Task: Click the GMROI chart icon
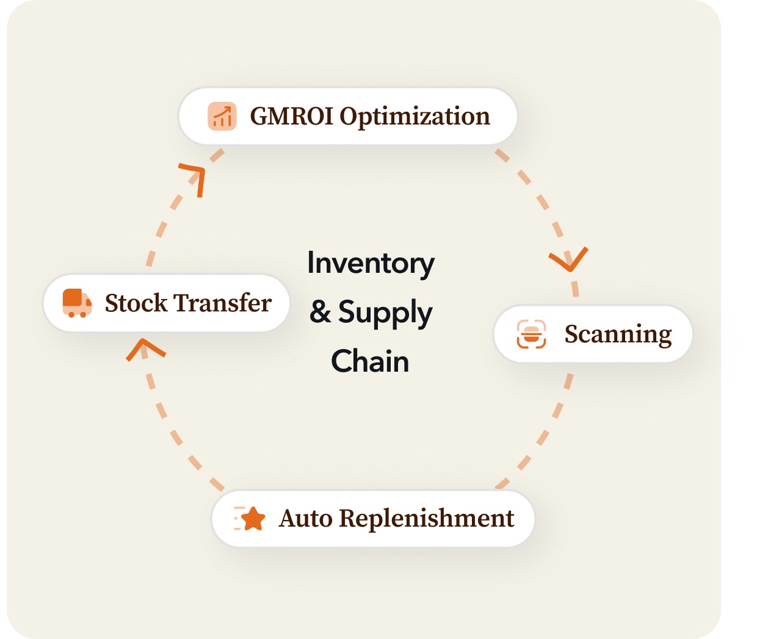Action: pyautogui.click(x=222, y=116)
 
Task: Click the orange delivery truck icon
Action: pyautogui.click(x=77, y=303)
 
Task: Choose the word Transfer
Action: pyautogui.click(x=223, y=303)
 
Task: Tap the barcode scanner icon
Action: pyautogui.click(x=531, y=334)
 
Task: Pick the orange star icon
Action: pyautogui.click(x=252, y=519)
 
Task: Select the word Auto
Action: pyautogui.click(x=306, y=519)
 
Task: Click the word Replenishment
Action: pyautogui.click(x=426, y=519)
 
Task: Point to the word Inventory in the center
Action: pyautogui.click(x=371, y=264)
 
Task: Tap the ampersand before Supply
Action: pyautogui.click(x=320, y=312)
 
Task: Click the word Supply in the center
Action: pyautogui.click(x=385, y=313)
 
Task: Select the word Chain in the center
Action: pyautogui.click(x=370, y=361)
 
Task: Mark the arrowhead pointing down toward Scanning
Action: pyautogui.click(x=569, y=260)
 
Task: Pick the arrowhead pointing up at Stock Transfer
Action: pyautogui.click(x=144, y=348)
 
